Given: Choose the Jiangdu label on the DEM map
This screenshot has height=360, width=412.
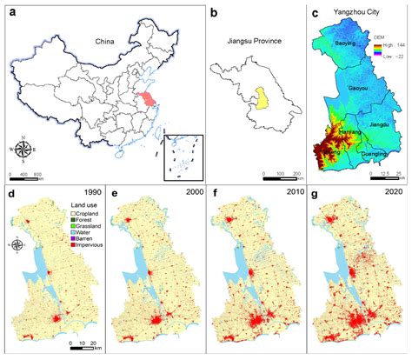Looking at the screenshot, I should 380,124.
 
